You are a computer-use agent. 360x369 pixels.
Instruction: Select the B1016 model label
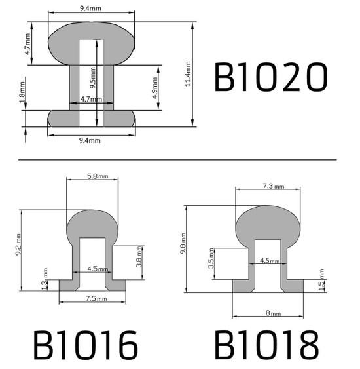(85, 344)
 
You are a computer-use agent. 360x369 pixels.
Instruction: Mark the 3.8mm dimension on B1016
(139, 262)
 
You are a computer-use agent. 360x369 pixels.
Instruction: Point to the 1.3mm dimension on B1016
(45, 276)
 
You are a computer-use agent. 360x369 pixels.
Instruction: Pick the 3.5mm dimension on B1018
(210, 263)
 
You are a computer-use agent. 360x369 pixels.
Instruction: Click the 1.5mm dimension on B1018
(321, 276)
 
